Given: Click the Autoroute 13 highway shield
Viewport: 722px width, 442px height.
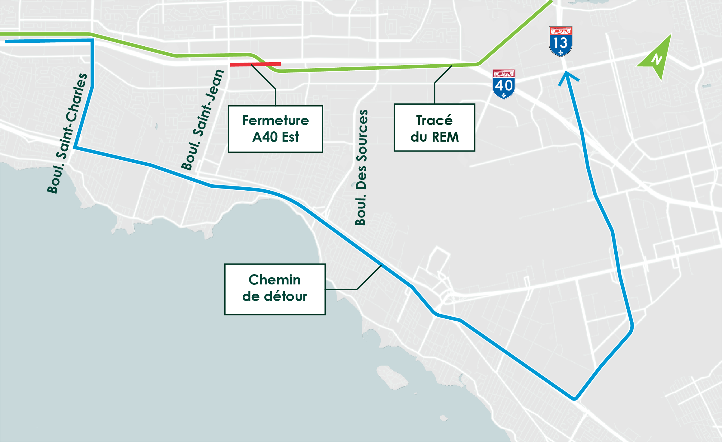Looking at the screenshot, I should (x=561, y=41).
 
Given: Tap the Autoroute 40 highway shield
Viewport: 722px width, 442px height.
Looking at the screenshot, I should (x=504, y=84).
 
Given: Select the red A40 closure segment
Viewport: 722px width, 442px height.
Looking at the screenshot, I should (x=255, y=64).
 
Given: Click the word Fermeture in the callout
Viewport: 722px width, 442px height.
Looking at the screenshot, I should (x=275, y=121).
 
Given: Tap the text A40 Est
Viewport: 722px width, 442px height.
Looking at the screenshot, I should (x=275, y=137).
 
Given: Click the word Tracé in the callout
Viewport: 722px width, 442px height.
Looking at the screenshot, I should (x=434, y=121).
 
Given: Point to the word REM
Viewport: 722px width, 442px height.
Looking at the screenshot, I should (x=445, y=137).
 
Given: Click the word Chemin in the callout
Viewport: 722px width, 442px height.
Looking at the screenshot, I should (x=275, y=280).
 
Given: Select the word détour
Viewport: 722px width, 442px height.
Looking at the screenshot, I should (x=285, y=297).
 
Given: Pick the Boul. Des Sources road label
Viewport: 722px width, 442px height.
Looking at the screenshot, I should (x=361, y=168).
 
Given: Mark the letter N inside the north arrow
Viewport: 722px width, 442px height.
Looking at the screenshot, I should (x=657, y=59).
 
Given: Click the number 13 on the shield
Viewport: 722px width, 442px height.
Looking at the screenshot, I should (x=561, y=43).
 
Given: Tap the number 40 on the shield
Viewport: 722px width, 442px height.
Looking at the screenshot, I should (x=504, y=86).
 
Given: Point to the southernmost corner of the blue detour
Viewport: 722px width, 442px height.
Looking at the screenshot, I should (x=574, y=399).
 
